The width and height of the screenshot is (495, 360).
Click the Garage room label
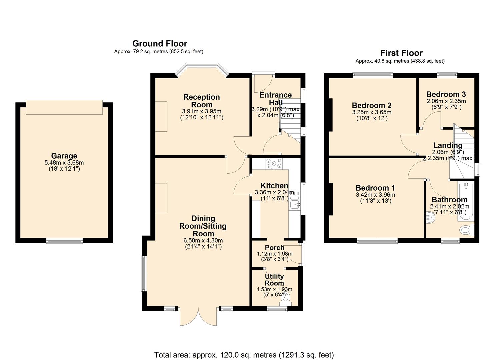pos(64,156)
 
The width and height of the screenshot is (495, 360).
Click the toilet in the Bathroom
pos(465,230)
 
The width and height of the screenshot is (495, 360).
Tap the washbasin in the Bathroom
pos(430,218)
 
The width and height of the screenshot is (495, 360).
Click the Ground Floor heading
pos(160,44)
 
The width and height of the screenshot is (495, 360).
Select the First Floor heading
pos(401,53)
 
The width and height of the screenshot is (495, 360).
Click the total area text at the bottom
pos(244,355)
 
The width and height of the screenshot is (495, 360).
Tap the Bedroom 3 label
pos(446,94)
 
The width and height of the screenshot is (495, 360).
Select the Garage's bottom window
pos(64,241)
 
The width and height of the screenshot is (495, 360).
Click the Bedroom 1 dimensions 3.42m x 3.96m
pos(375,195)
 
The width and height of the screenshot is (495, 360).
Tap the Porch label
pos(274,248)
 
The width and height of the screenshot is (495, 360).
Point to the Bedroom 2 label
pos(372,105)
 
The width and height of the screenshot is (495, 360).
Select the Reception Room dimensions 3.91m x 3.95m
pos(201,111)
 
